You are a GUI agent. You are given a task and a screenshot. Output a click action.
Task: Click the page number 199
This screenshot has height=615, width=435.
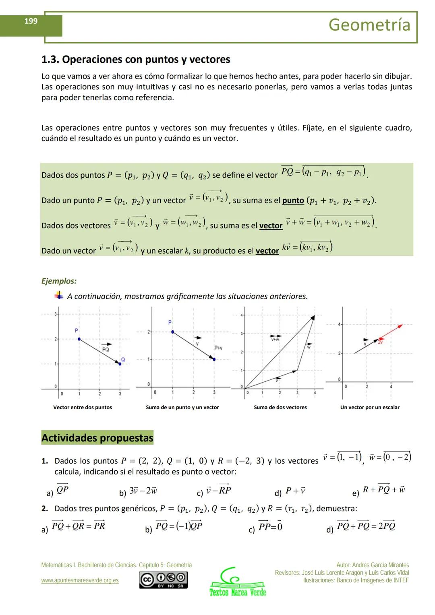coord(31,21)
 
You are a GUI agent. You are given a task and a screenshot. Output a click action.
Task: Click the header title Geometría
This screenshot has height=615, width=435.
coord(369,25)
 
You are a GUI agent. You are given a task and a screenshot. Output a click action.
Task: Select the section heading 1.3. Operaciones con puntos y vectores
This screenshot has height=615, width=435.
coord(136,60)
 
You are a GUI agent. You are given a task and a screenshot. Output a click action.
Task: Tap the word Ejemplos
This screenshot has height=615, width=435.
coord(59,281)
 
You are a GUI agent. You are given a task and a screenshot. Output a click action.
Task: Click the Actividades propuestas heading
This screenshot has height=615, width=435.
coord(97,438)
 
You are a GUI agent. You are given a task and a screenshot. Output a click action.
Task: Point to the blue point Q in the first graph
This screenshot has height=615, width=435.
coord(120,364)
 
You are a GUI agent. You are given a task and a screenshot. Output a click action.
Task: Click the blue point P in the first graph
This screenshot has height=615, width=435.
coord(79,339)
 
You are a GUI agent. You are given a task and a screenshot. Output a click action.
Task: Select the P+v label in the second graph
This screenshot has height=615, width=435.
coord(218,348)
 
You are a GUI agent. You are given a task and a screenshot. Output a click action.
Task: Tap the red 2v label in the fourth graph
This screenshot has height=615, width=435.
coord(381,342)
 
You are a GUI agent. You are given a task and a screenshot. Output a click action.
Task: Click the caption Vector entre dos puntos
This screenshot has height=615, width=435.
coord(83,408)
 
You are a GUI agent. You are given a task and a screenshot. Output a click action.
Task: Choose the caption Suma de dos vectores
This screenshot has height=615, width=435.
coord(280,408)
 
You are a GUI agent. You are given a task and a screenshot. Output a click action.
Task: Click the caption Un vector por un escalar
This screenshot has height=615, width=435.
coord(370,408)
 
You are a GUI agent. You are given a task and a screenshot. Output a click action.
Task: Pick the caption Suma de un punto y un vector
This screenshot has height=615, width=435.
coord(182,408)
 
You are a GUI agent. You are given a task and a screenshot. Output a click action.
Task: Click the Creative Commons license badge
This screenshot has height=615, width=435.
coord(163,580)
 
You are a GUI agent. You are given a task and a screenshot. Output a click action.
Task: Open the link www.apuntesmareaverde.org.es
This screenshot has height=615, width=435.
coord(80,580)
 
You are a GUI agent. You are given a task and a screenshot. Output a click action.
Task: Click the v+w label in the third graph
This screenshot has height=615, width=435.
coord(275,339)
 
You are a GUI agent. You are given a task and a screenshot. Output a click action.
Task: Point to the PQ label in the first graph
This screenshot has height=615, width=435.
coord(106,349)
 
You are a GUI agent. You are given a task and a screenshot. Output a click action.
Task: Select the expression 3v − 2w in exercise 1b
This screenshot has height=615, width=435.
coord(143,491)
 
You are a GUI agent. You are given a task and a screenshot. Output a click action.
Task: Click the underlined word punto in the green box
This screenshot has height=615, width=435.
coord(293,201)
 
